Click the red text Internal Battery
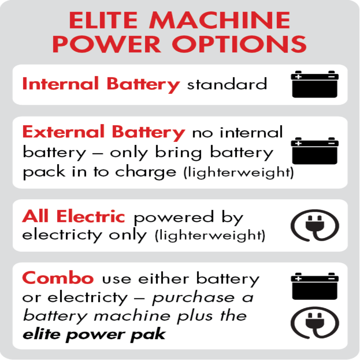click(x=101, y=84)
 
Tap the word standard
click(x=227, y=84)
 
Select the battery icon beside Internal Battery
click(x=315, y=84)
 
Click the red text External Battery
click(x=103, y=132)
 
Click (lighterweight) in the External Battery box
click(x=238, y=173)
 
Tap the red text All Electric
click(x=74, y=217)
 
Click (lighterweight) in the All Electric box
click(x=209, y=235)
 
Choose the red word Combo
click(x=58, y=278)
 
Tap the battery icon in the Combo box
click(x=315, y=286)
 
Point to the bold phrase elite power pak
click(x=94, y=334)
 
